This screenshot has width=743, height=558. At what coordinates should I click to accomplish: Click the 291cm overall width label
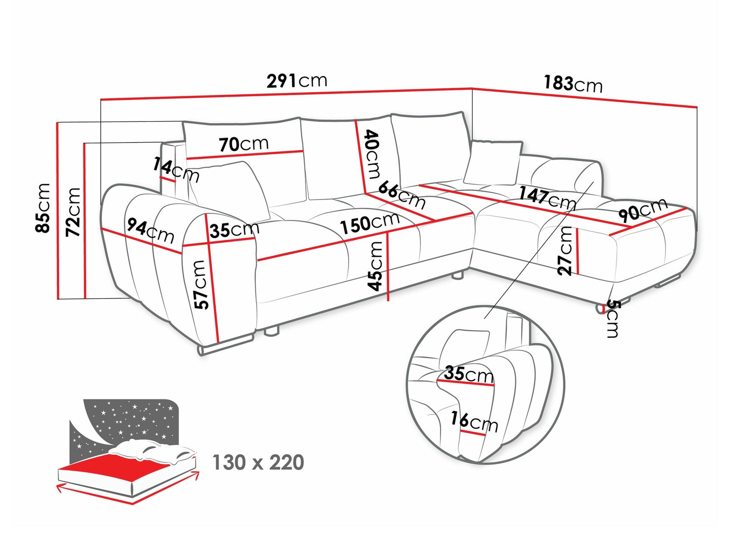click(297, 81)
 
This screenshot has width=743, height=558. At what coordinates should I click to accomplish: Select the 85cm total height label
click(43, 208)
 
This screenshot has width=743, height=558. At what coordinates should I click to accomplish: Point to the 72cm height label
click(73, 212)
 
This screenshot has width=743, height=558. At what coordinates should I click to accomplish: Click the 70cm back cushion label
click(244, 144)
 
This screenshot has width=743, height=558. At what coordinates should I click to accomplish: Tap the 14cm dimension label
click(176, 170)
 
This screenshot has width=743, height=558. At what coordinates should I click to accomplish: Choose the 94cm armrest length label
click(150, 231)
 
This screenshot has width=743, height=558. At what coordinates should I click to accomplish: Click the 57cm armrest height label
click(201, 285)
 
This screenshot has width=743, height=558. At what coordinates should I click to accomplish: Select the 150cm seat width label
click(369, 223)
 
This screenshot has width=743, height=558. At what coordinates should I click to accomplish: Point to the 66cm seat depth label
click(402, 194)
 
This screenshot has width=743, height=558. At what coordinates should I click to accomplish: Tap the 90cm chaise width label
click(643, 210)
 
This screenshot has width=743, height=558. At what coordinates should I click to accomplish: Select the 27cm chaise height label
click(565, 251)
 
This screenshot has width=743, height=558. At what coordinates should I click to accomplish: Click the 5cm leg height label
click(613, 319)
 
